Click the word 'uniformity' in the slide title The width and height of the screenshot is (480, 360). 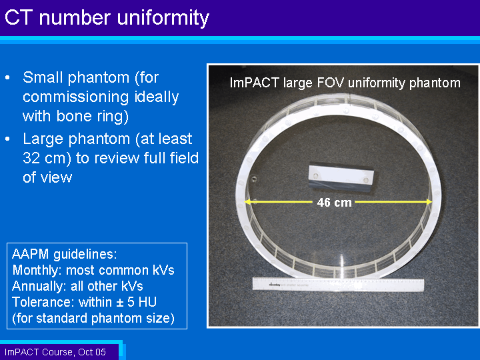163,19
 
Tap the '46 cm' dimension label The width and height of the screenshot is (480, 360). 334,203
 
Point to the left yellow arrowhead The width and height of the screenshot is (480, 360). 248,202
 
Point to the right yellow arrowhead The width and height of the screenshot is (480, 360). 429,202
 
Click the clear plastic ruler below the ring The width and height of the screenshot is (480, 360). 338,285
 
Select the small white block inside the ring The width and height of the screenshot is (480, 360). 341,178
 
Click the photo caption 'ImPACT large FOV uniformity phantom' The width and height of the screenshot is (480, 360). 345,83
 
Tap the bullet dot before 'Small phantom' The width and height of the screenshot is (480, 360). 7,78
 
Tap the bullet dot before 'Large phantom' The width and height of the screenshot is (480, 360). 7,139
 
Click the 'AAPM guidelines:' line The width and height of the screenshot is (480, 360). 64,254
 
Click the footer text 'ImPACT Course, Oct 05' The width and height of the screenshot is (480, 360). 55,352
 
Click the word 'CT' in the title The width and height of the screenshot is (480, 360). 19,17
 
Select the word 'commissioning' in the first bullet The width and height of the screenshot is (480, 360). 76,97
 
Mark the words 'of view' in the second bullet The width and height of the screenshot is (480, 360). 47,177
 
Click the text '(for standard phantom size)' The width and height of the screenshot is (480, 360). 93,319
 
